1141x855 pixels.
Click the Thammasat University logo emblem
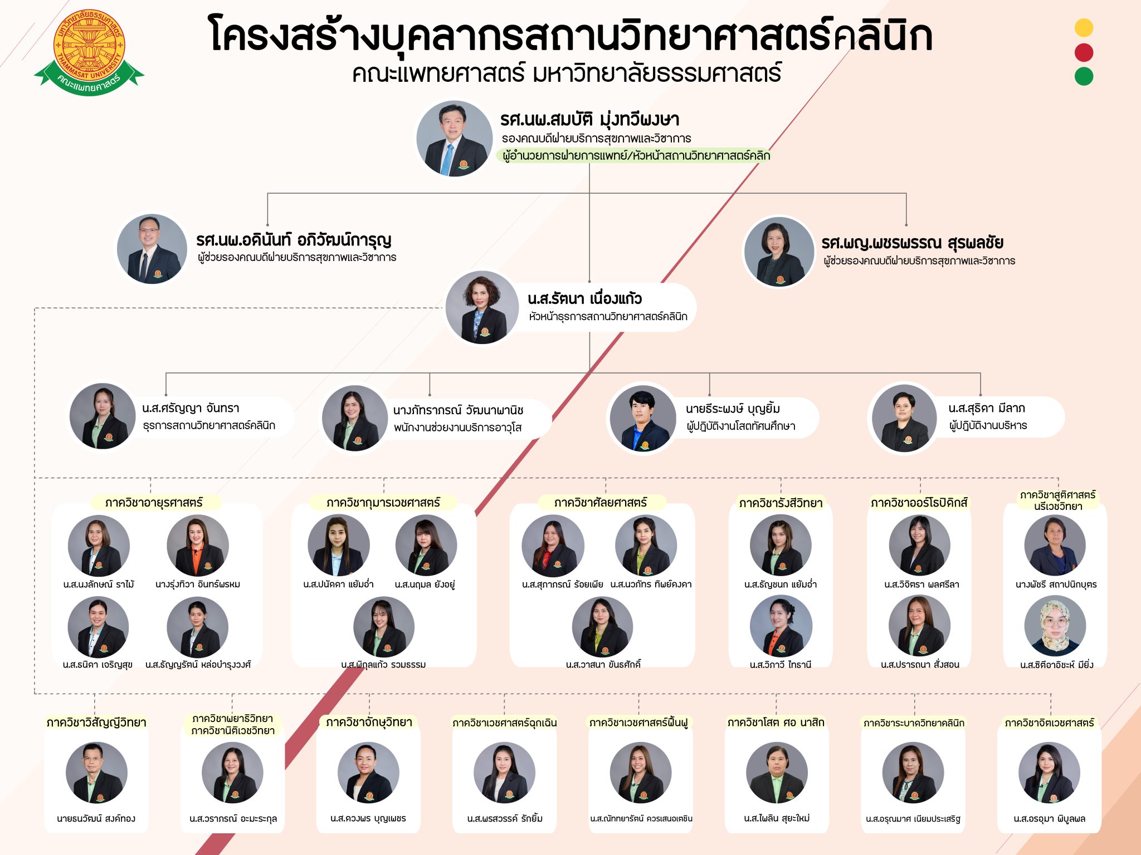89,51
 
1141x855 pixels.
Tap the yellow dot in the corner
1084,28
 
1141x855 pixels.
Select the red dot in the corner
1084,52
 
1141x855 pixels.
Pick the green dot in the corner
1084,76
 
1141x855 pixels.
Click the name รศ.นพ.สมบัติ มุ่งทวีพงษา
589,119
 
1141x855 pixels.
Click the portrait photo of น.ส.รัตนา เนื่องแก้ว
482,307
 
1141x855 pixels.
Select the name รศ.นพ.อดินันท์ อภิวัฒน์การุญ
294,240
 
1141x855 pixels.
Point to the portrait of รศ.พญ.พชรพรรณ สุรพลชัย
779,252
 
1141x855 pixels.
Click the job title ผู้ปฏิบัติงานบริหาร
988,426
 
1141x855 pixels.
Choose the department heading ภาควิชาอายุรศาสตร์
154,503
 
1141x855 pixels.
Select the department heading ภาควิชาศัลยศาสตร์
601,503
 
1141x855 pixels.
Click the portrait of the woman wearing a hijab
1055,626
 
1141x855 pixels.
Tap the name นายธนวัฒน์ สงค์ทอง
96,818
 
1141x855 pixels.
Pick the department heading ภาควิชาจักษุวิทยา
369,723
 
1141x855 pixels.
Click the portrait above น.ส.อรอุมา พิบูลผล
1049,773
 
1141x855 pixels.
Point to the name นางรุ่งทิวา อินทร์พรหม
198,584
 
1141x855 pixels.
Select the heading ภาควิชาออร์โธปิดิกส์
919,503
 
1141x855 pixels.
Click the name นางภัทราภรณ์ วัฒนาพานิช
458,410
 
